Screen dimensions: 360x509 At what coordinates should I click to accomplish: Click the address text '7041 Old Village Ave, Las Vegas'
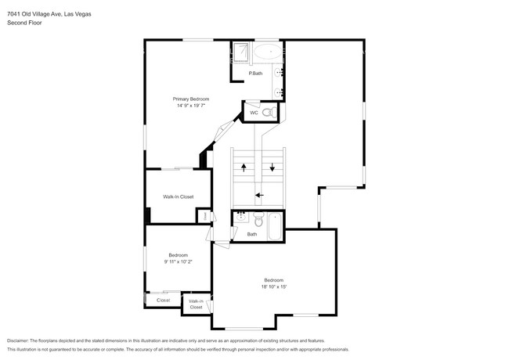pos(49,13)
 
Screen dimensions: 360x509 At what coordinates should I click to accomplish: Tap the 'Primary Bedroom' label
pos(191,99)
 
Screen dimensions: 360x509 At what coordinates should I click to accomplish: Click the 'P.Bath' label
pos(255,74)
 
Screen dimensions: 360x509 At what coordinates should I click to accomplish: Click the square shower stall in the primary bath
pos(241,52)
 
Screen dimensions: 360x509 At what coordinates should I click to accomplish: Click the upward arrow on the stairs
pos(244,167)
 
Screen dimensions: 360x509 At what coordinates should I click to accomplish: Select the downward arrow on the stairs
pos(273,167)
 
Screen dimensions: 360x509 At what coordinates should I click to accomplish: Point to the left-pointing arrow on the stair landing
pos(259,196)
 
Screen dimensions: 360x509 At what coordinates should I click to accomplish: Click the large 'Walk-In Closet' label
pos(178,196)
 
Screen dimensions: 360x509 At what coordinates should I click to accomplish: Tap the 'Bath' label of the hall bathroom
pos(252,234)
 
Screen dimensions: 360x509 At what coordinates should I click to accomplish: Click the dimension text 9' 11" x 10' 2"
pos(178,262)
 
